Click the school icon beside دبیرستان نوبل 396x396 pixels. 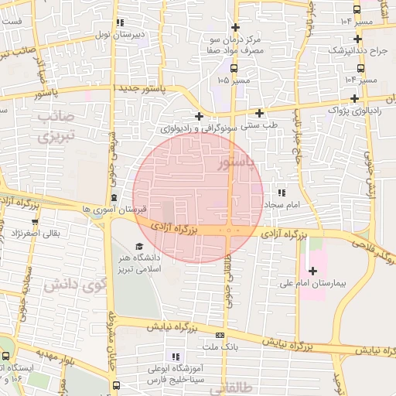click(118, 23)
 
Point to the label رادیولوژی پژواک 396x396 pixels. click(355, 111)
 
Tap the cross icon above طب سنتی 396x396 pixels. click(259, 113)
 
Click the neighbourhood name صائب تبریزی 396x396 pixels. click(54, 128)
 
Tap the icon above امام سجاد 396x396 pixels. click(281, 192)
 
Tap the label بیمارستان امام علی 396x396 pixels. click(314, 284)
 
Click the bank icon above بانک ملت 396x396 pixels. click(220, 336)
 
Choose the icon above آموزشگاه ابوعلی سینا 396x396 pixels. click(176, 357)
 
